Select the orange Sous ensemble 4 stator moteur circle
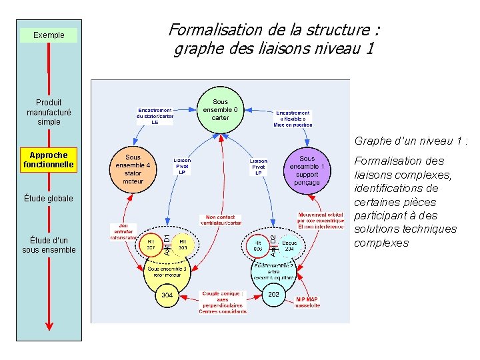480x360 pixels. click(133, 169)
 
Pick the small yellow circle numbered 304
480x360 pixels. click(167, 295)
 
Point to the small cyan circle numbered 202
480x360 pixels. click(273, 294)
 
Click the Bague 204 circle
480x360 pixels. click(289, 245)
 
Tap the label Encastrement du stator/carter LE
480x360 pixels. click(155, 116)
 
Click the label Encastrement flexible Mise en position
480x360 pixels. click(293, 118)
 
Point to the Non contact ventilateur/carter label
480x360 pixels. click(223, 219)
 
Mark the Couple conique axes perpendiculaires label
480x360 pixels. click(223, 302)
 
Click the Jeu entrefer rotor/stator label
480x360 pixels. click(123, 231)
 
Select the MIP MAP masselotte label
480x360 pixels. click(307, 302)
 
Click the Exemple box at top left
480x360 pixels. click(49, 35)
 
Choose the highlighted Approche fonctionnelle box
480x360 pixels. click(49, 160)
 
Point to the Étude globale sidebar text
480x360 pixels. click(49, 199)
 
